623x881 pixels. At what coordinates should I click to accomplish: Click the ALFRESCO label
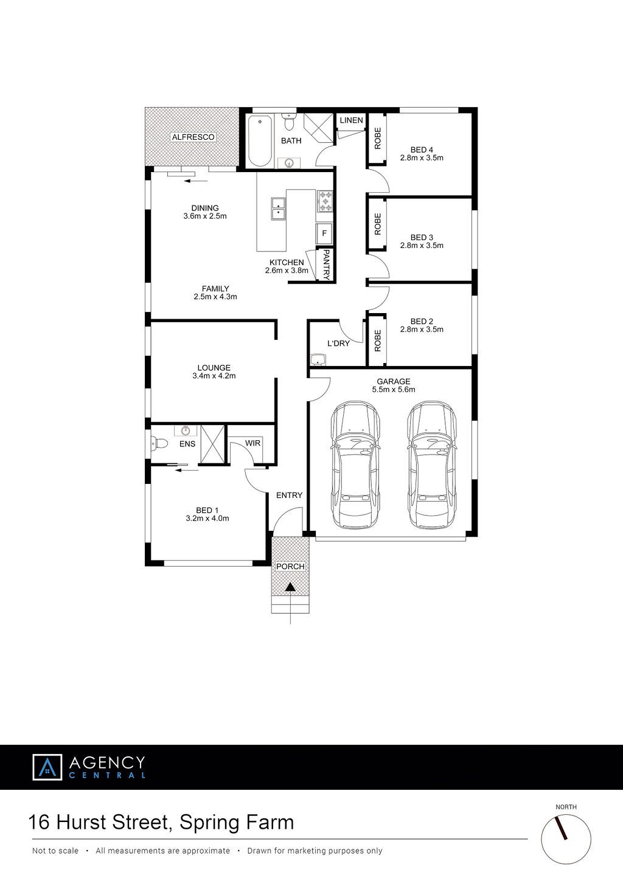193,137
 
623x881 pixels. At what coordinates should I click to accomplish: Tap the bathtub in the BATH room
260,141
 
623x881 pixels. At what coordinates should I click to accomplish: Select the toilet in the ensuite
159,444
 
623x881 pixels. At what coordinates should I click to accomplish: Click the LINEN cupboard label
352,120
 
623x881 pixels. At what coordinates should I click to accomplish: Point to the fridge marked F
324,233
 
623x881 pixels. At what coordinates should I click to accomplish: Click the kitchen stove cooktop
325,201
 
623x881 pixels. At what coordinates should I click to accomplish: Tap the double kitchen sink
278,209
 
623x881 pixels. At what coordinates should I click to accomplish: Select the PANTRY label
326,264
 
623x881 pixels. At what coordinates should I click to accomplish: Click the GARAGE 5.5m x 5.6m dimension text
394,389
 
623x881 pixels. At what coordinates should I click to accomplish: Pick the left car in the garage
356,465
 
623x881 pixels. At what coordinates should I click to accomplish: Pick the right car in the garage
432,465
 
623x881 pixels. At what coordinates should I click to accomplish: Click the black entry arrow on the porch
290,587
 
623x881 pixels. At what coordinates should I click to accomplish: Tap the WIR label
252,443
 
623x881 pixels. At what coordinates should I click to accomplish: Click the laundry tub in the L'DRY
318,360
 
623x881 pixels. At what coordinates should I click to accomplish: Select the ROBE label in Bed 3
378,224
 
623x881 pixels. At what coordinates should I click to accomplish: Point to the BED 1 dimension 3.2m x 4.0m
207,519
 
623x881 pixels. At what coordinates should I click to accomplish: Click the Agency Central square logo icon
47,767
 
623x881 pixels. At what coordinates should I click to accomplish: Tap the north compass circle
566,839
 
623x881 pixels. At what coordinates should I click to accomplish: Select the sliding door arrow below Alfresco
195,181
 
